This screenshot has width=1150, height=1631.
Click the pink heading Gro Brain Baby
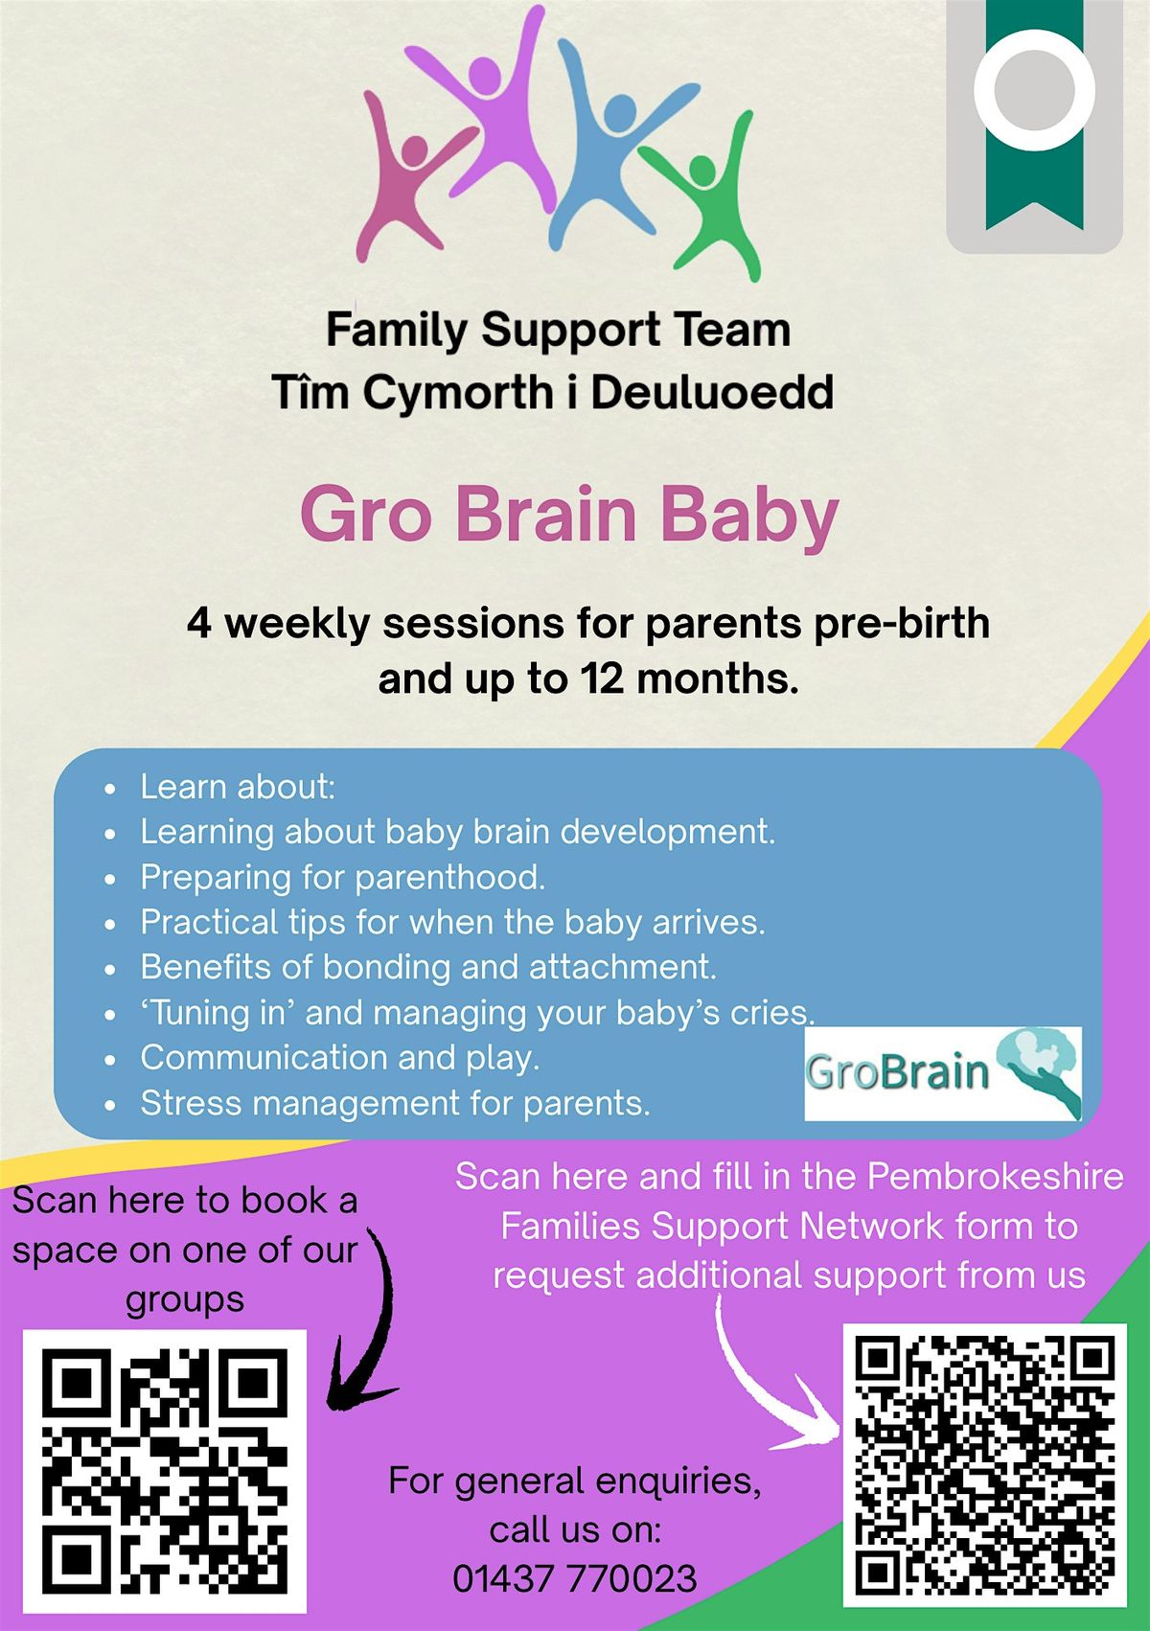pos(569,514)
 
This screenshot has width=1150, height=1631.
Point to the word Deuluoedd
pos(711,393)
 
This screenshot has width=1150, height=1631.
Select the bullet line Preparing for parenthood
pos(342,878)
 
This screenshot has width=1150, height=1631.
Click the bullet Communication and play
pos(339,1058)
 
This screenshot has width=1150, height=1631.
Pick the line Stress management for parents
pos(395,1103)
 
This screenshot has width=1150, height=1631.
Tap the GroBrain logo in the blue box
pos(943,1073)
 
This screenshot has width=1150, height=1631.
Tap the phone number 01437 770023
pos(575,1578)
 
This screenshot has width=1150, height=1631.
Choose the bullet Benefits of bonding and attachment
pos(428,968)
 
